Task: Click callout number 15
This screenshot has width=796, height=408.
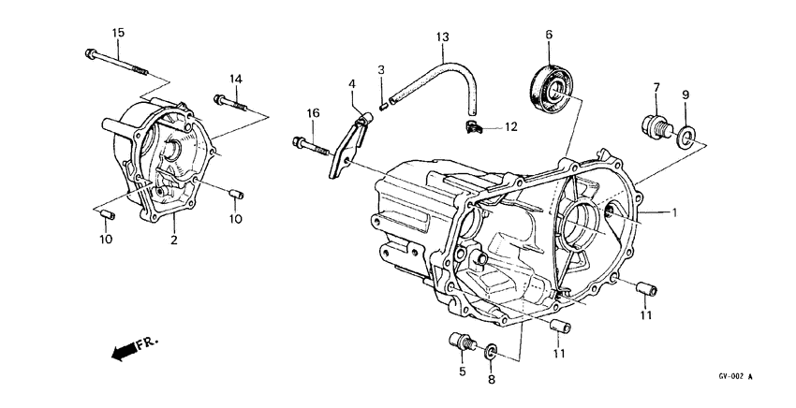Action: pos(118,34)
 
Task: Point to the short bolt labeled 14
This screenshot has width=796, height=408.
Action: pos(232,102)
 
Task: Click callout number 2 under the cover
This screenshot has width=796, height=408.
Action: pos(173,241)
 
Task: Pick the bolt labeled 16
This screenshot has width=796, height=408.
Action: pos(312,145)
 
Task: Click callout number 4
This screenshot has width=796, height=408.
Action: pos(352,84)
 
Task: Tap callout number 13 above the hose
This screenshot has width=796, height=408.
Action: pos(443,36)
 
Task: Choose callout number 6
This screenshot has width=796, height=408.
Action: pos(549,35)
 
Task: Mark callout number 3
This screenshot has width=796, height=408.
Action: pos(381,70)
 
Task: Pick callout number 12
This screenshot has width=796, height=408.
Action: pos(511,126)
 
